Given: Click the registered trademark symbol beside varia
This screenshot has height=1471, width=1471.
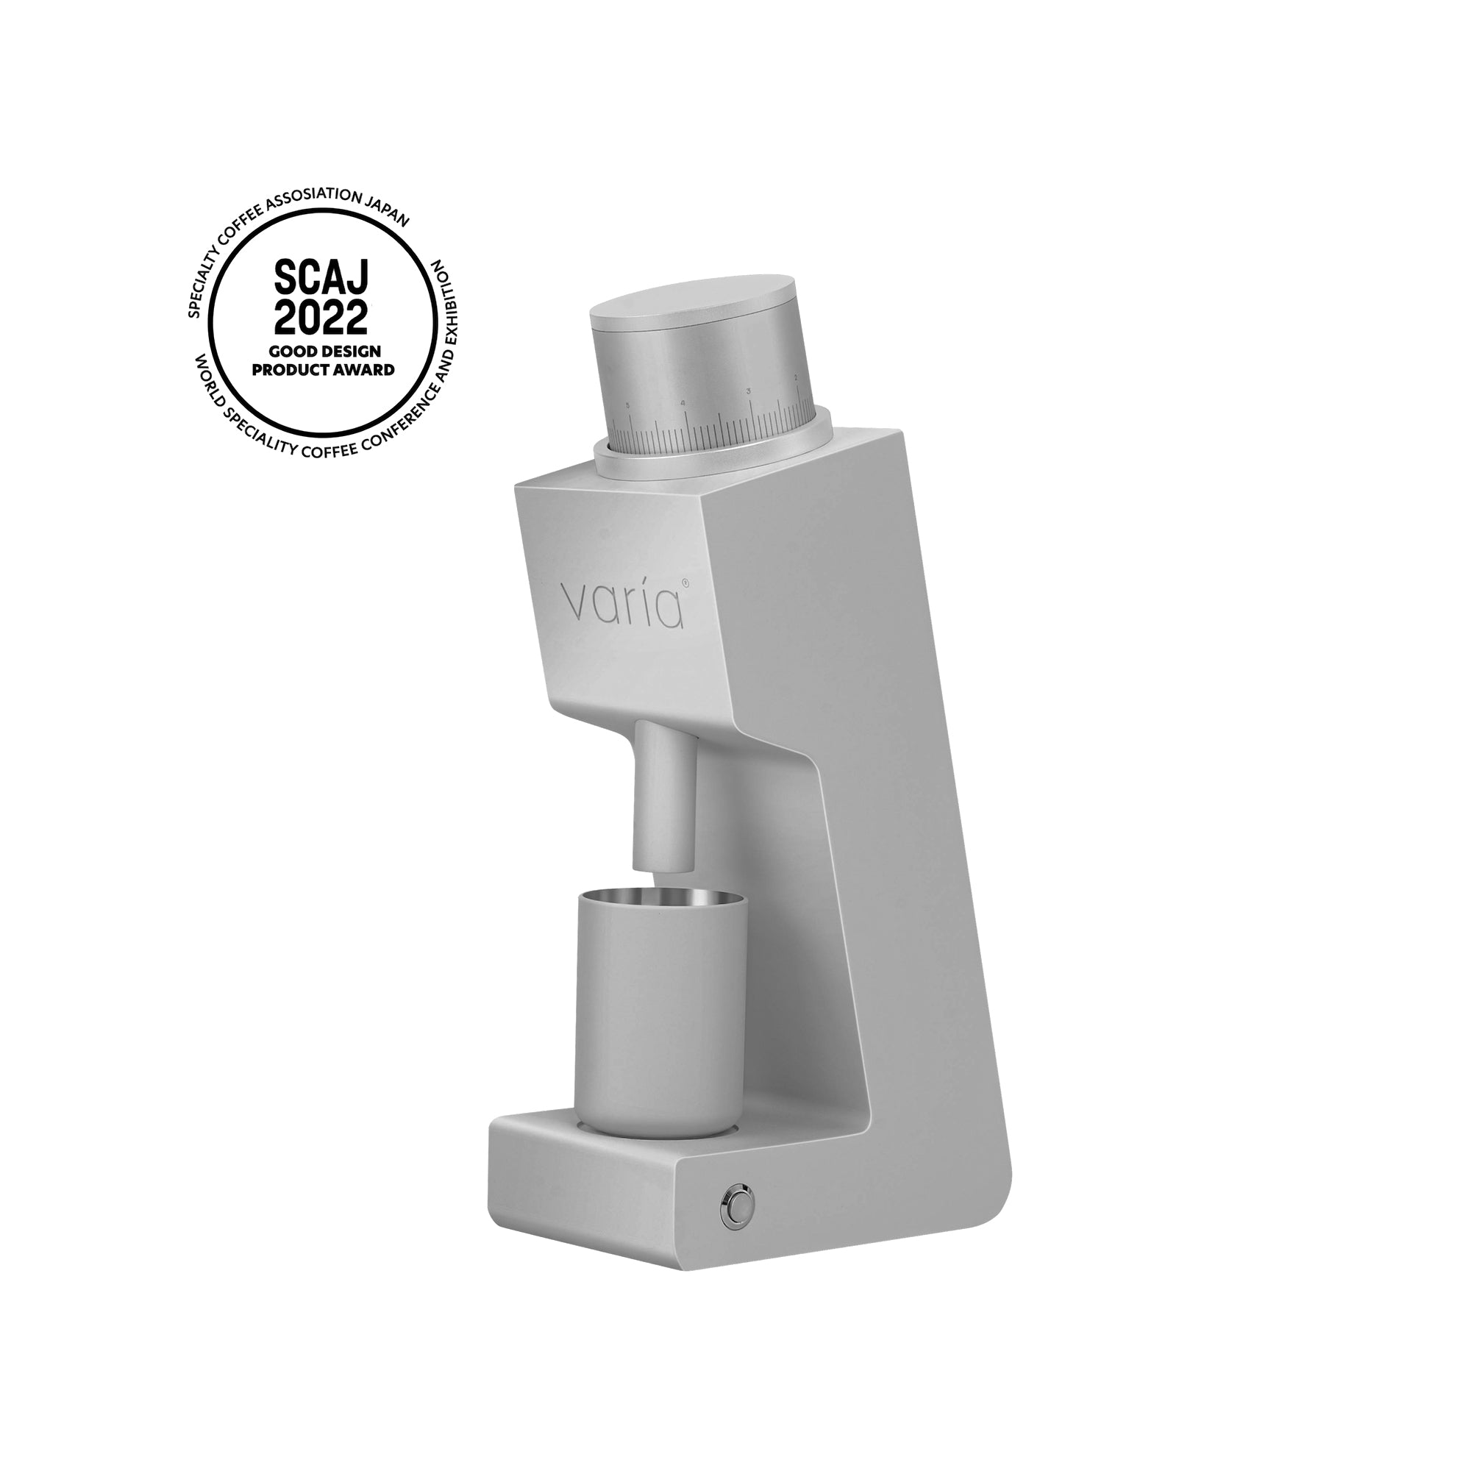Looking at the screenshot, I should (685, 582).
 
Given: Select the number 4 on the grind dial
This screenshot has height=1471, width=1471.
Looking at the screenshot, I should (683, 403).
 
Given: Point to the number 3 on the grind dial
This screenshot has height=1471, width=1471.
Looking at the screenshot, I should (750, 391).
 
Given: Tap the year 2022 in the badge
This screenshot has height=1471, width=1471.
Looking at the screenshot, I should (321, 318).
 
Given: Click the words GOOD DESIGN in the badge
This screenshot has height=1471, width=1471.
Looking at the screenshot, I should (324, 352).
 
